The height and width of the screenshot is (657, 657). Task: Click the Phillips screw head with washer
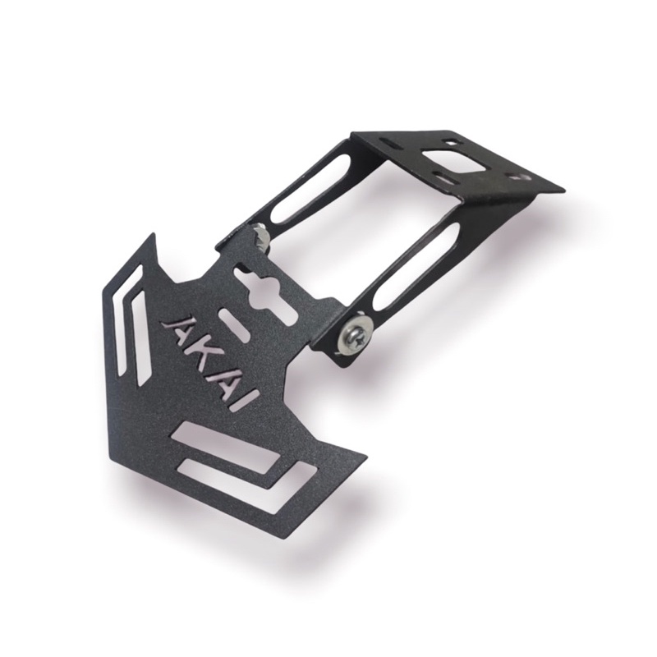[358, 334]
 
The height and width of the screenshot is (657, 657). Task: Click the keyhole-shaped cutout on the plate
[265, 294]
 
